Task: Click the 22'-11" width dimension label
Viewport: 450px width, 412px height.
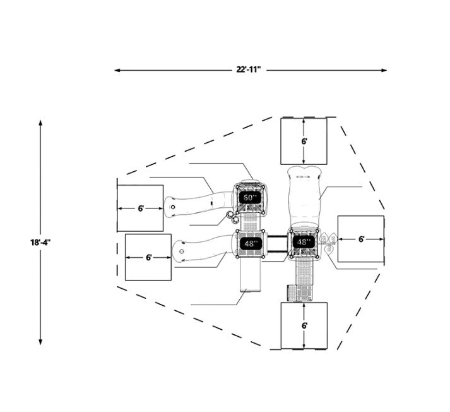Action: [x=249, y=70]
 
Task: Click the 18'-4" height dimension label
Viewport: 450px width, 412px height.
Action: [x=40, y=242]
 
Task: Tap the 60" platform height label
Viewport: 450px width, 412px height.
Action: [x=249, y=198]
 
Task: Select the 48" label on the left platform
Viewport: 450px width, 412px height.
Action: [x=249, y=244]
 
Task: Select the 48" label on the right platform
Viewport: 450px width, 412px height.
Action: [x=302, y=242]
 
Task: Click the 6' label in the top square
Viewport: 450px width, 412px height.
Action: [x=304, y=142]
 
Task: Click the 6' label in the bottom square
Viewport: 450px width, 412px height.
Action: [x=304, y=325]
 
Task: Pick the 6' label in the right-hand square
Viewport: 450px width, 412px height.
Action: [x=361, y=239]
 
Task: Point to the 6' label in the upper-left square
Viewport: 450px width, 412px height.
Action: [x=141, y=209]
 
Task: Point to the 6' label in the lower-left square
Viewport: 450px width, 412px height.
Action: [x=148, y=258]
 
